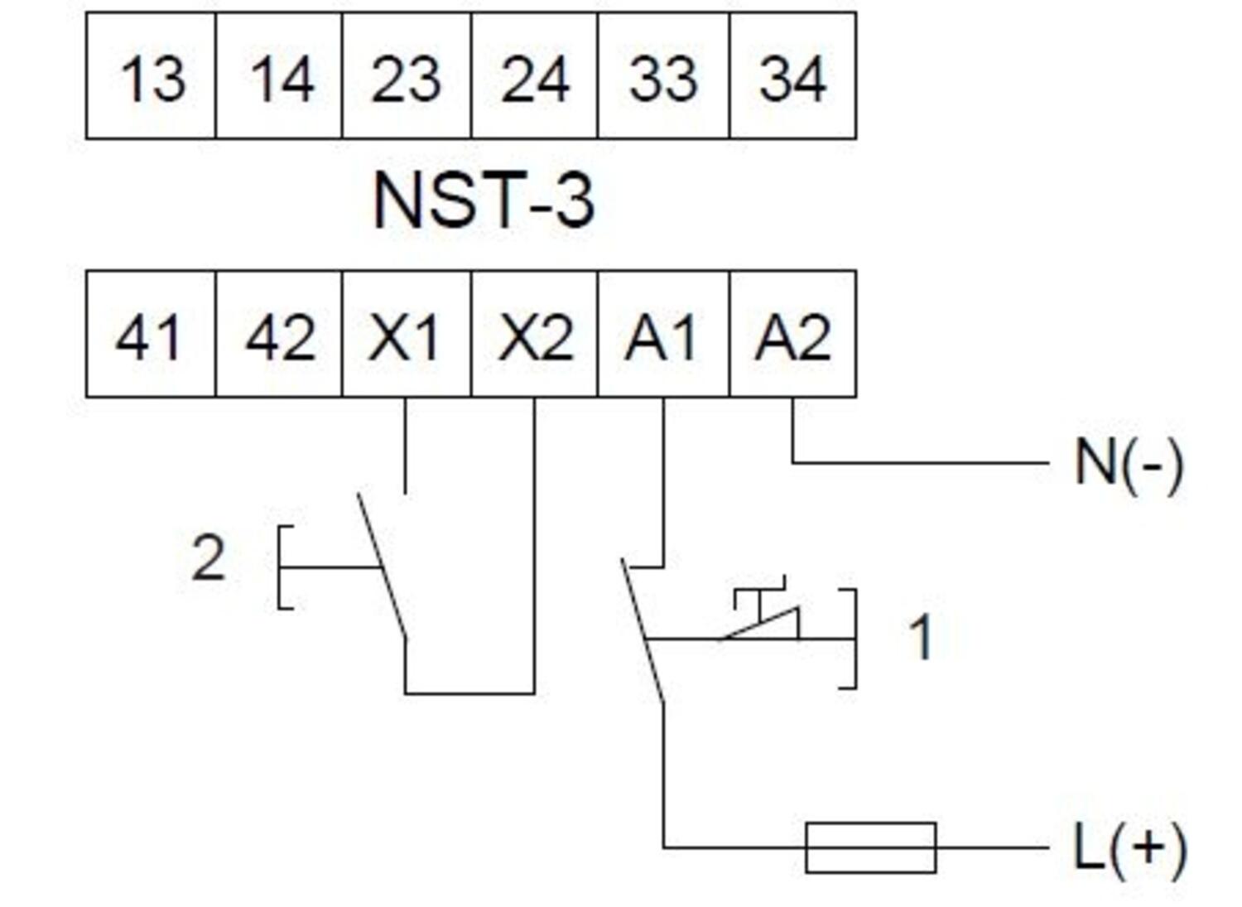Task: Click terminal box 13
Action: click(x=151, y=76)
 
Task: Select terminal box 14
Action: click(x=279, y=76)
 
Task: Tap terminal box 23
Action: click(x=407, y=76)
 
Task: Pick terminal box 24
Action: click(x=534, y=76)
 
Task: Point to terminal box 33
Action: click(x=663, y=76)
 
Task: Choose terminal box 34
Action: click(x=792, y=76)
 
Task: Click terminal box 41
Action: click(x=151, y=335)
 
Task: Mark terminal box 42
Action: click(x=279, y=335)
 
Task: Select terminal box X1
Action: click(x=407, y=335)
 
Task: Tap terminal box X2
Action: click(x=534, y=335)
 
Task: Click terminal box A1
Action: click(x=663, y=335)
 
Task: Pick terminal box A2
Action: click(x=792, y=335)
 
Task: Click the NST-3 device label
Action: click(x=484, y=200)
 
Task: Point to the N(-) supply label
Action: click(x=1128, y=463)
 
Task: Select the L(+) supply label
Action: click(x=1128, y=848)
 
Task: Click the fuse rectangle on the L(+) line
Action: click(x=870, y=848)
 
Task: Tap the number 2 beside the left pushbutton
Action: click(x=208, y=559)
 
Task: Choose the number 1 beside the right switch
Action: click(x=920, y=638)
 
